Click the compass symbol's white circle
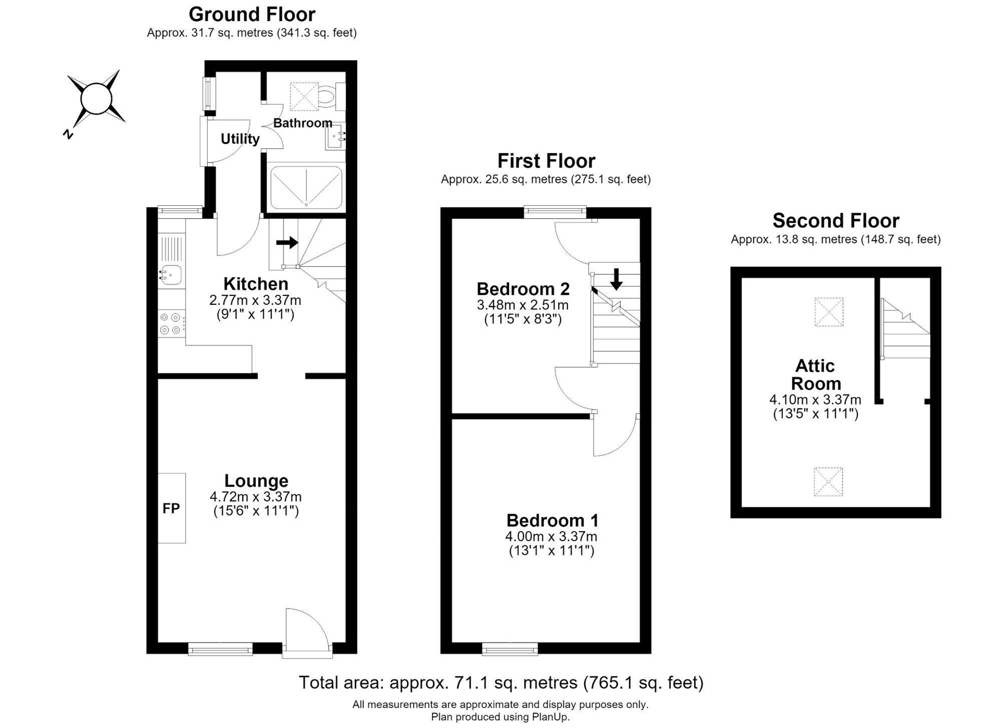[x=96, y=99]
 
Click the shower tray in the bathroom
[x=306, y=187]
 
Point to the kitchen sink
[x=171, y=275]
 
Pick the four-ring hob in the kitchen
[x=171, y=323]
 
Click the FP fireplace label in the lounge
[x=171, y=509]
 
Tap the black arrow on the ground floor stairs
[x=287, y=243]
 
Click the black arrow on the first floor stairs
[x=616, y=279]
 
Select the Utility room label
[x=240, y=139]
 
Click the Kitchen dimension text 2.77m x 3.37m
[x=255, y=300]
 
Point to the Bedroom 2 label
[x=523, y=289]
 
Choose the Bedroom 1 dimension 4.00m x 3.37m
[x=551, y=537]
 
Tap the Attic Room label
[x=816, y=375]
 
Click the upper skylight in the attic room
[x=829, y=312]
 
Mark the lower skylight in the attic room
[x=828, y=482]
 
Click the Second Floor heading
[x=836, y=221]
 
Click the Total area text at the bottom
[x=501, y=683]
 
